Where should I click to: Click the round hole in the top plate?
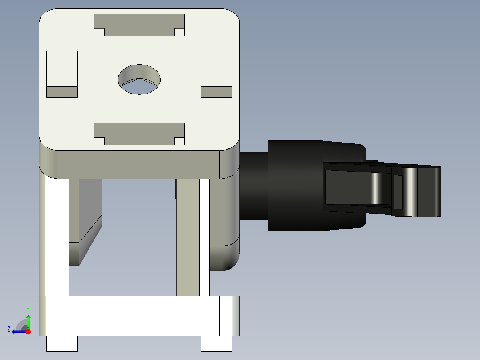click(139, 79)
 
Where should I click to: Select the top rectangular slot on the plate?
click(139, 25)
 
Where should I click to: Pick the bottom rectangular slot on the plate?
click(139, 134)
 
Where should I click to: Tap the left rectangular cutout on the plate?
click(62, 74)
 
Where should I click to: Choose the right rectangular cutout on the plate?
click(216, 74)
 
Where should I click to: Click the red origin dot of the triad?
click(28, 331)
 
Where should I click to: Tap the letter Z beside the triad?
click(8, 329)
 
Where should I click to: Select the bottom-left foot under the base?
click(62, 344)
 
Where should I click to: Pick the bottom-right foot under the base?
click(216, 344)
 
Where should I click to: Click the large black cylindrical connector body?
click(295, 186)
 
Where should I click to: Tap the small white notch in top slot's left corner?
click(99, 32)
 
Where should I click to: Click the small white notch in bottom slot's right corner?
click(179, 141)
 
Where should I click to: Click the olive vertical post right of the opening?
click(188, 241)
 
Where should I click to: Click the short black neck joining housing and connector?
click(254, 186)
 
